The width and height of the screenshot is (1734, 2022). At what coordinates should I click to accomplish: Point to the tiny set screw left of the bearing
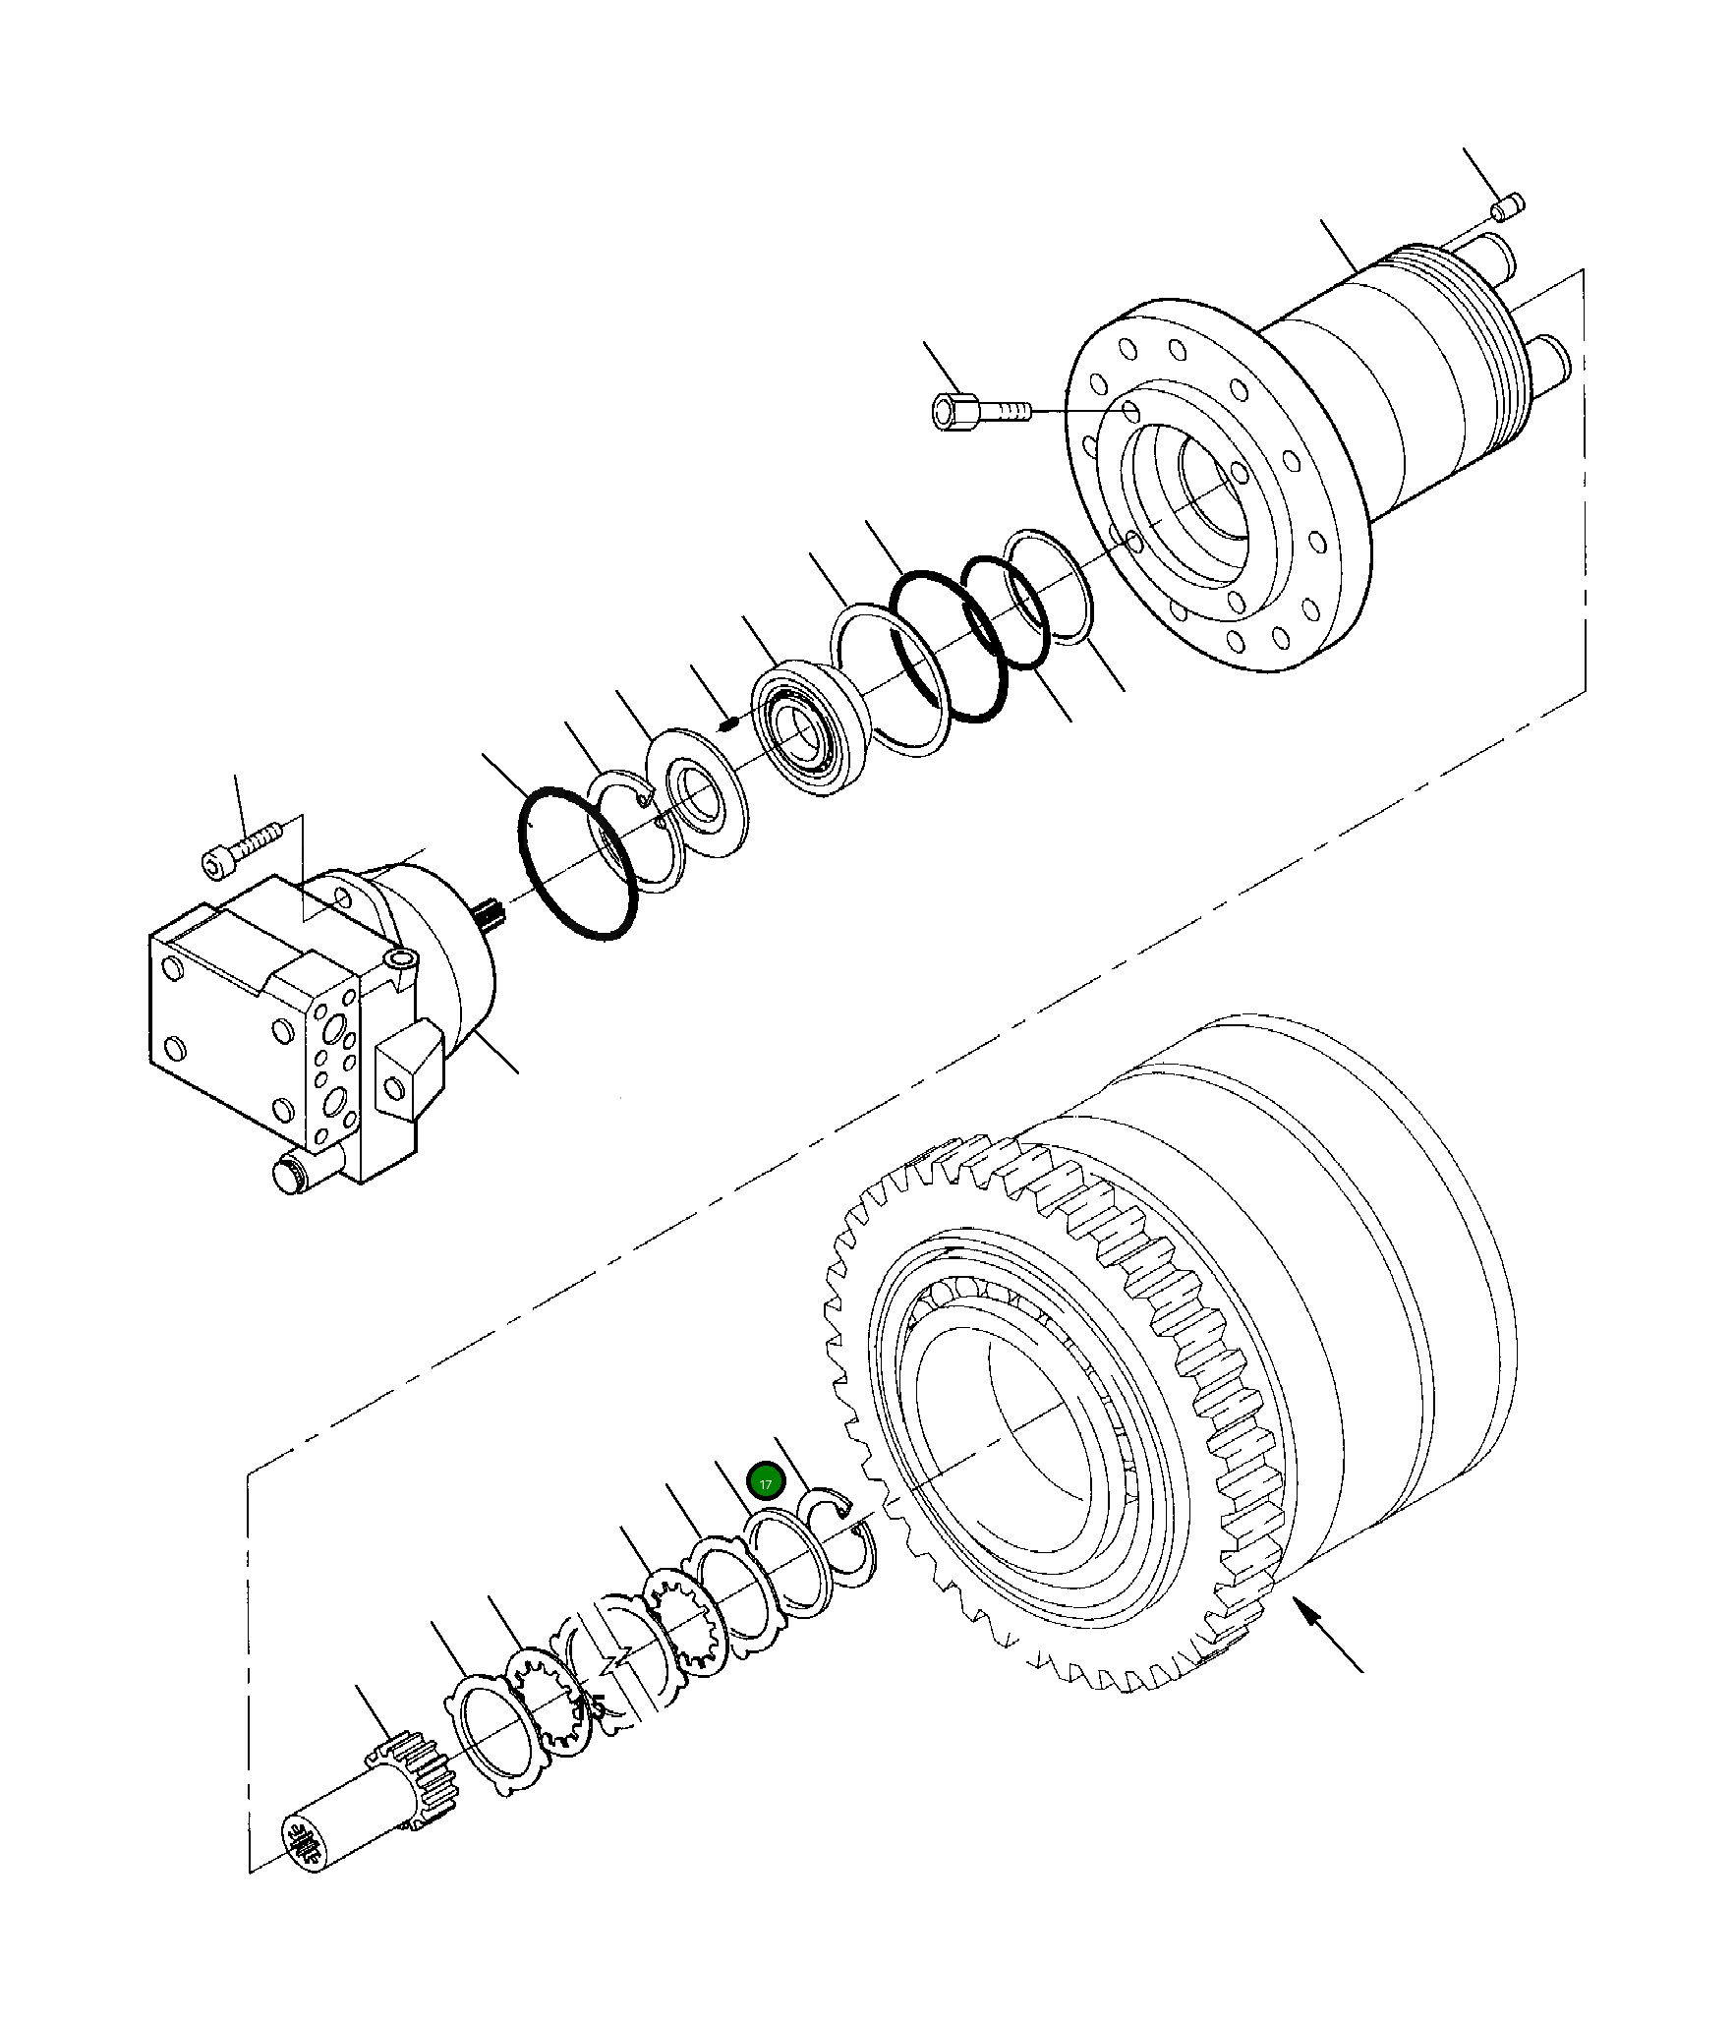coord(728,725)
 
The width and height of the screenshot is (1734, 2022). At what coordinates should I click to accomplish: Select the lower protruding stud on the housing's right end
coord(1547,364)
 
